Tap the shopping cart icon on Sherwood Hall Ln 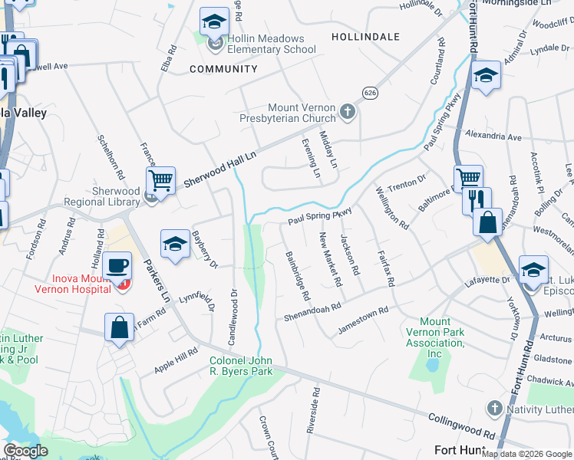161,181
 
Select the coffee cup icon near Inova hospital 117,265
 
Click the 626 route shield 371,92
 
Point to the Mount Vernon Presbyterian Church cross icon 348,113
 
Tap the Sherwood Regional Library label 116,196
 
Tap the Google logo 25,451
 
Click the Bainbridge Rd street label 297,274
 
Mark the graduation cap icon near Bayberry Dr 175,244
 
